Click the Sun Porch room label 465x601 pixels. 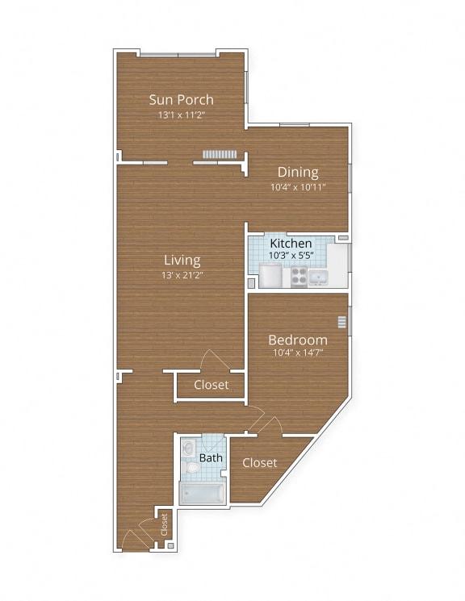[x=182, y=100]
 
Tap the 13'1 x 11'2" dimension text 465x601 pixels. [x=182, y=115]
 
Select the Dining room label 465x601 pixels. [x=298, y=172]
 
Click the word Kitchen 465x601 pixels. [x=291, y=243]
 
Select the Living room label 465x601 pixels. [x=182, y=261]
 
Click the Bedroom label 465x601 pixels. [x=298, y=340]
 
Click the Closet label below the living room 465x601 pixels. [x=211, y=385]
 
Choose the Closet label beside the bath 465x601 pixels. [x=259, y=463]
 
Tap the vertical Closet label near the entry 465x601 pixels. [x=164, y=524]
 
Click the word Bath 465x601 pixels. [x=211, y=458]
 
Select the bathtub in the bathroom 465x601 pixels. [x=202, y=492]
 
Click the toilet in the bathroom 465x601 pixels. [x=191, y=466]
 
